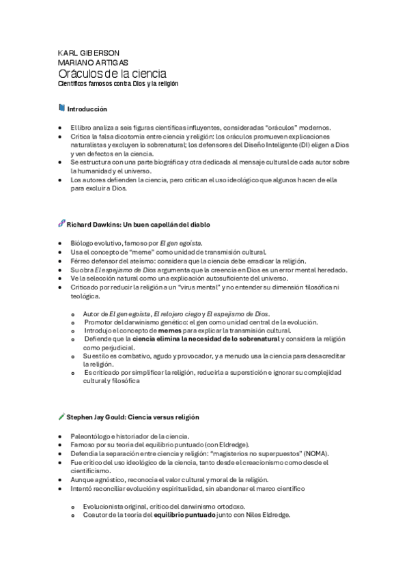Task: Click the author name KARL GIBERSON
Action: click(89, 53)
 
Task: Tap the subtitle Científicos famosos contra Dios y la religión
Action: click(117, 83)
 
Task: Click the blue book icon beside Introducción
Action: click(61, 108)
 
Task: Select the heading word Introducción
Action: click(87, 109)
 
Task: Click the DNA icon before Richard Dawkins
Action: click(61, 223)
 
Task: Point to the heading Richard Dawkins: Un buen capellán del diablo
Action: click(138, 224)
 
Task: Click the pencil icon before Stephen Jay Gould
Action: click(61, 415)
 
